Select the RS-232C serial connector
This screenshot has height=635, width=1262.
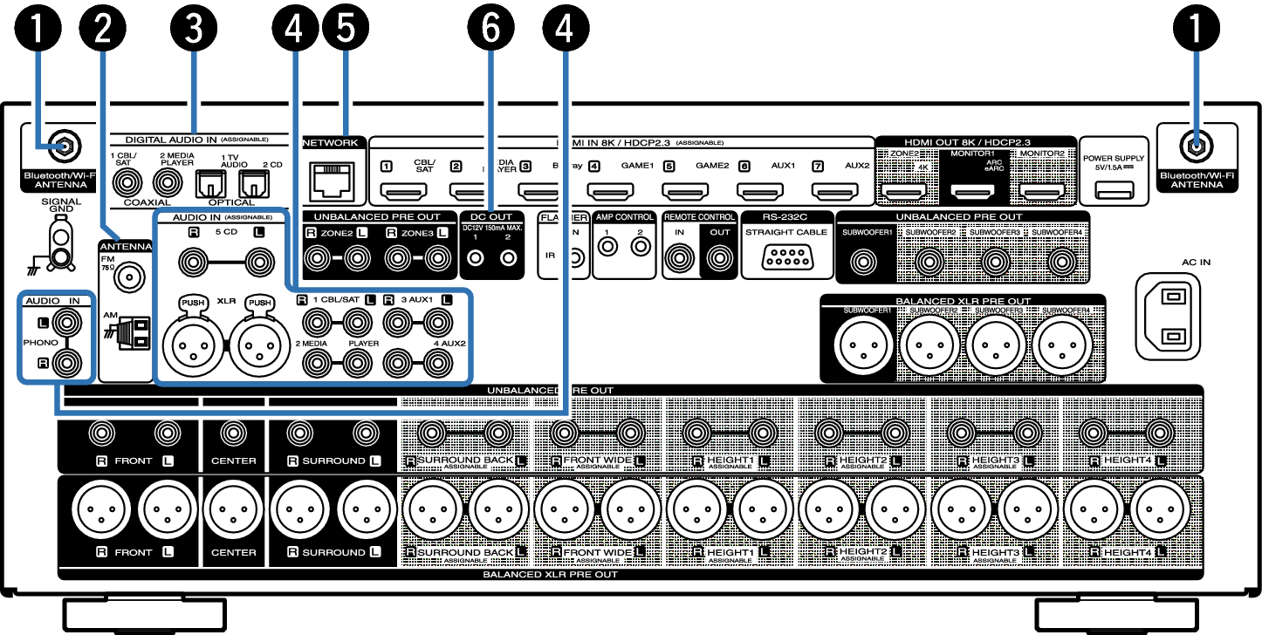tap(787, 257)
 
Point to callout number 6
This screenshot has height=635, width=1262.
tap(491, 30)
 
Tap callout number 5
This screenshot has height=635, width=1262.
tap(346, 30)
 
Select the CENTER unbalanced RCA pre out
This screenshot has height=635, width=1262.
tap(233, 433)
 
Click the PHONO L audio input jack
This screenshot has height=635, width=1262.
tap(68, 324)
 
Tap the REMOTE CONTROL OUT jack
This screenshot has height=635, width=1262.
tap(719, 257)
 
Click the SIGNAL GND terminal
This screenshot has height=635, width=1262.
tap(60, 241)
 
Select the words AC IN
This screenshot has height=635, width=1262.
tap(1197, 261)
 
